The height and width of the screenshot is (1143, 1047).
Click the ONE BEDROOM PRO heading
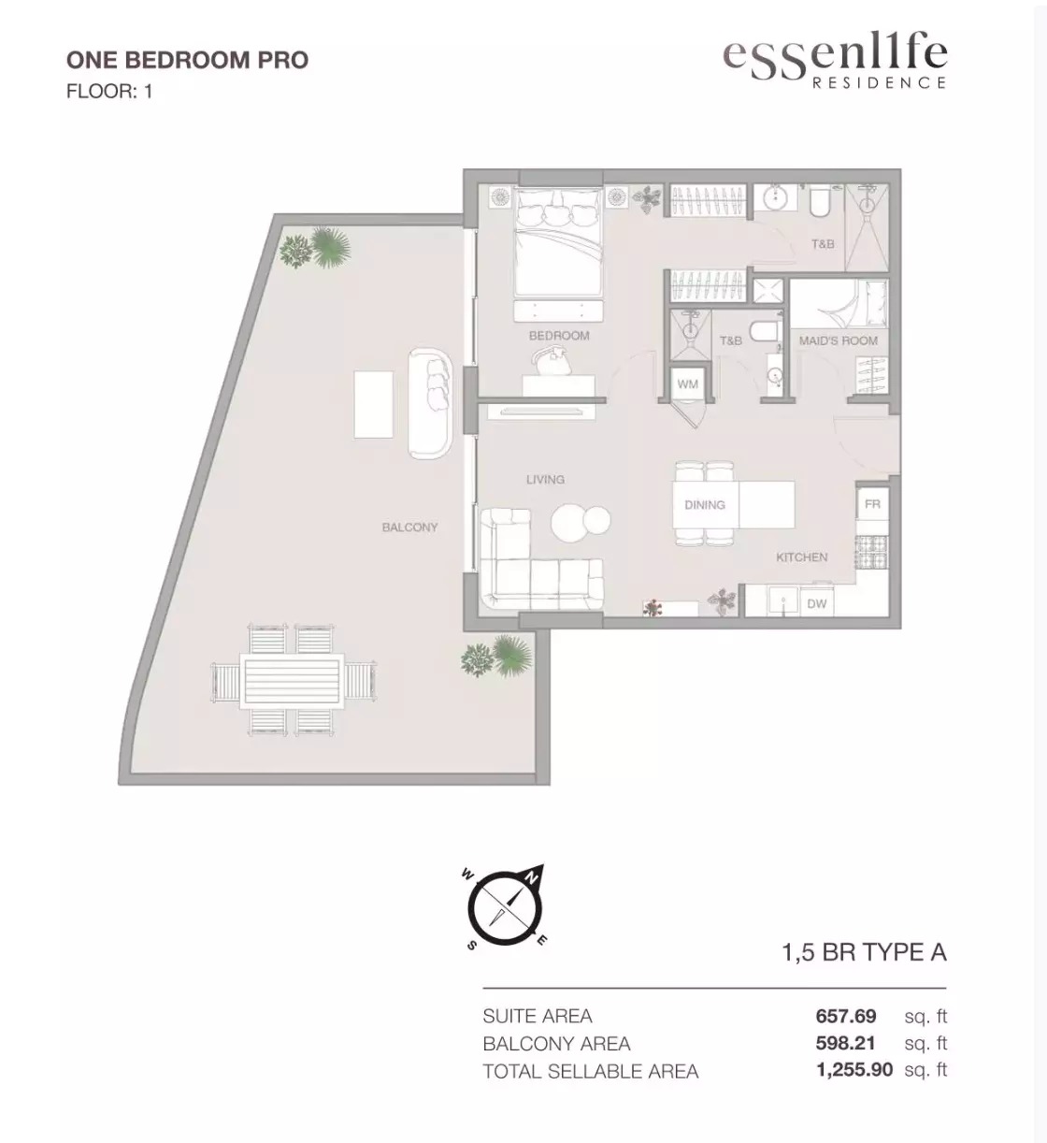click(x=187, y=60)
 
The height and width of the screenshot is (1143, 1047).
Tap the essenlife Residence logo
click(x=835, y=62)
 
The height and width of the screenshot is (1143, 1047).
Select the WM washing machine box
click(x=687, y=384)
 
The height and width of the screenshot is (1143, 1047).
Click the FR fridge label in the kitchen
click(x=872, y=504)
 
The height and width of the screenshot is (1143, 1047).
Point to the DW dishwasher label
click(x=817, y=603)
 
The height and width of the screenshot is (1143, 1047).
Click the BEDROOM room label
click(x=559, y=335)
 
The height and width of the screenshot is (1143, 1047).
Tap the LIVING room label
click(x=545, y=479)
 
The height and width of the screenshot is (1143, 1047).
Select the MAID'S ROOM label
click(x=839, y=340)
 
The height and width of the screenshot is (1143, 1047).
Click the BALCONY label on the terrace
click(x=409, y=528)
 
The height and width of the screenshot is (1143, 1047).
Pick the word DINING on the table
click(x=704, y=505)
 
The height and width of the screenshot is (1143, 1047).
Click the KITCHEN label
click(x=801, y=557)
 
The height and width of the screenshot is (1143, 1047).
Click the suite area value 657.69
click(x=846, y=1016)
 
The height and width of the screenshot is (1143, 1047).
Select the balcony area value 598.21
click(x=846, y=1043)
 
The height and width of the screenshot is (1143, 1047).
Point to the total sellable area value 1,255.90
click(x=854, y=1070)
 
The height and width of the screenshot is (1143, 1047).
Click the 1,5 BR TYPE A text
click(x=864, y=952)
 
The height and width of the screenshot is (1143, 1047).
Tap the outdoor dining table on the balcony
click(x=294, y=679)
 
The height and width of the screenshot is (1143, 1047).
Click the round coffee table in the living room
click(x=580, y=521)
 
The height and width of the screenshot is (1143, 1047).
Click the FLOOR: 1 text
click(x=109, y=92)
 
